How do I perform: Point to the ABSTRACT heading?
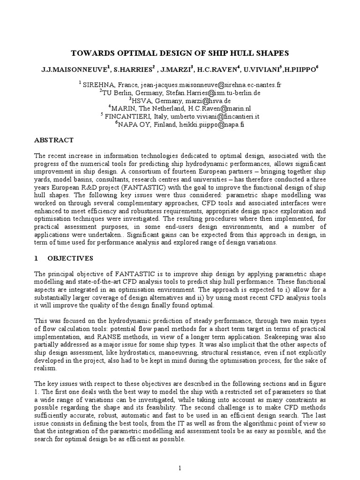[54, 140]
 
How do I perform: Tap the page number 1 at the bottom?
[180, 467]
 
